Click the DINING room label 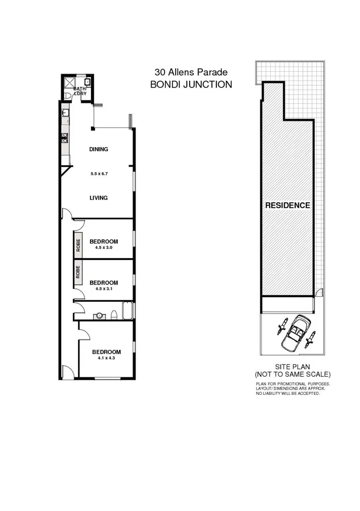99,150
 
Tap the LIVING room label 99,198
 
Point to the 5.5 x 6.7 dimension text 99,173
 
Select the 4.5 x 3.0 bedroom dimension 103,248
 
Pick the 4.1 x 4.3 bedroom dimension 106,358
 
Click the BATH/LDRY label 79,91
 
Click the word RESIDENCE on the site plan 288,206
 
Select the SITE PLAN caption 292,367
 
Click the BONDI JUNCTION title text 191,84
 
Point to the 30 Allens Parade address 191,72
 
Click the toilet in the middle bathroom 114,315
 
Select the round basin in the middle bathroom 99,315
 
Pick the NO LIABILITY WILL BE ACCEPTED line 288,394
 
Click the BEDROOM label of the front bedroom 106,352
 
